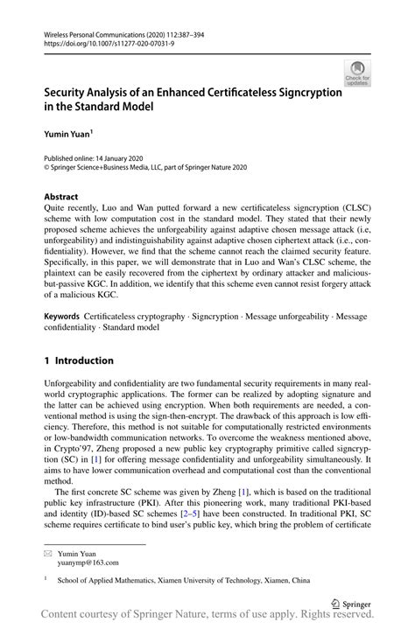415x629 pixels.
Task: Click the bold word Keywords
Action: [x=63, y=312]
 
